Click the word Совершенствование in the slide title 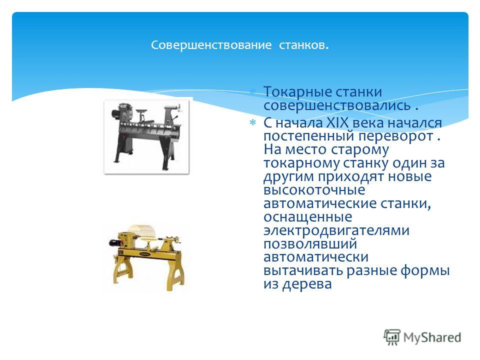211,45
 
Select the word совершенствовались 336,105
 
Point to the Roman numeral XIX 337,123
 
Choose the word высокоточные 314,190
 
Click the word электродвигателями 336,230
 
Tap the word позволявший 310,244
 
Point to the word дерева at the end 307,284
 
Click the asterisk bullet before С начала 252,123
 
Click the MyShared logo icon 392,337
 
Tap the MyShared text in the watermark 432,337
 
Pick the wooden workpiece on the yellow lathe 143,231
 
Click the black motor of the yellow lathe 114,243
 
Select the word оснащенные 308,217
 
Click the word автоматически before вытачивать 316,257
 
